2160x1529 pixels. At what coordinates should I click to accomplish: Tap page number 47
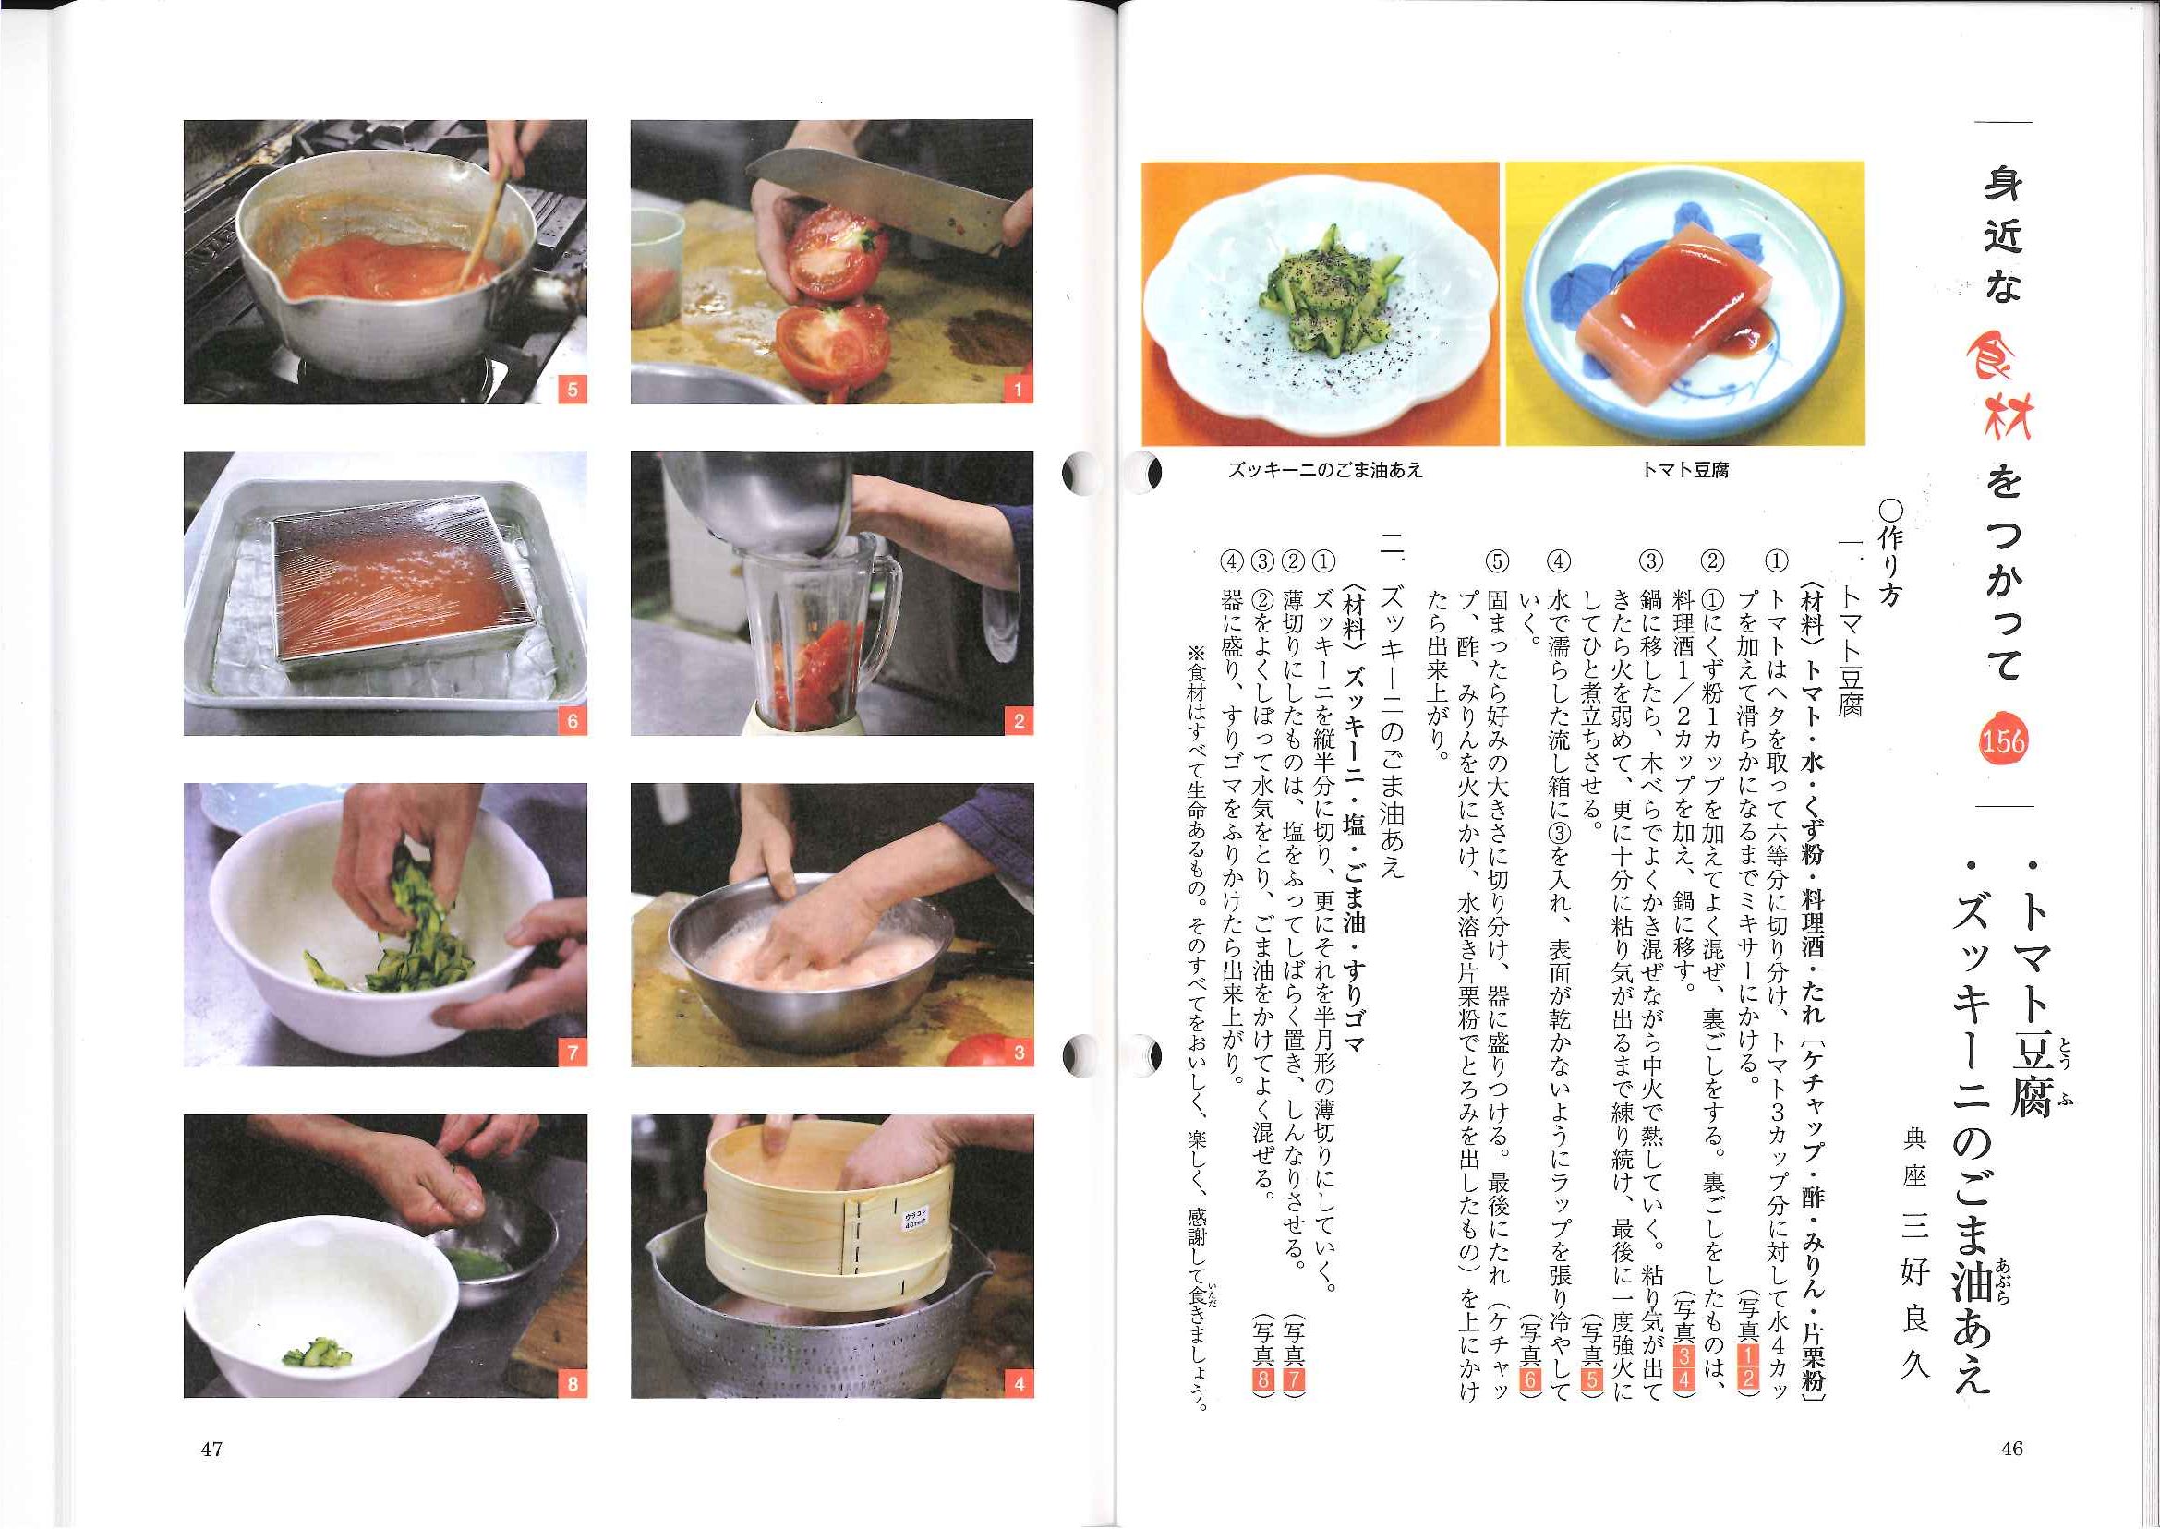211,1449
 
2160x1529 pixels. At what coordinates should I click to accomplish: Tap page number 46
2011,1449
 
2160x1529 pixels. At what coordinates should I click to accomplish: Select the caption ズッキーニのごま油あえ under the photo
1325,469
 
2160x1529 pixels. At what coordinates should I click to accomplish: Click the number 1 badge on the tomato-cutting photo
1018,389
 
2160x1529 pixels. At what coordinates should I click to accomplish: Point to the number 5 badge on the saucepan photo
572,389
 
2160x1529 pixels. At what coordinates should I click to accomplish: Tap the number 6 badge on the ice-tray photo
572,721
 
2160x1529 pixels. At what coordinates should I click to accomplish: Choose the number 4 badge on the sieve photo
1018,1384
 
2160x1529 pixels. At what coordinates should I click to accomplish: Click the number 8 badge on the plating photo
572,1384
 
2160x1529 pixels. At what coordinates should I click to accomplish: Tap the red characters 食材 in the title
2006,386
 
